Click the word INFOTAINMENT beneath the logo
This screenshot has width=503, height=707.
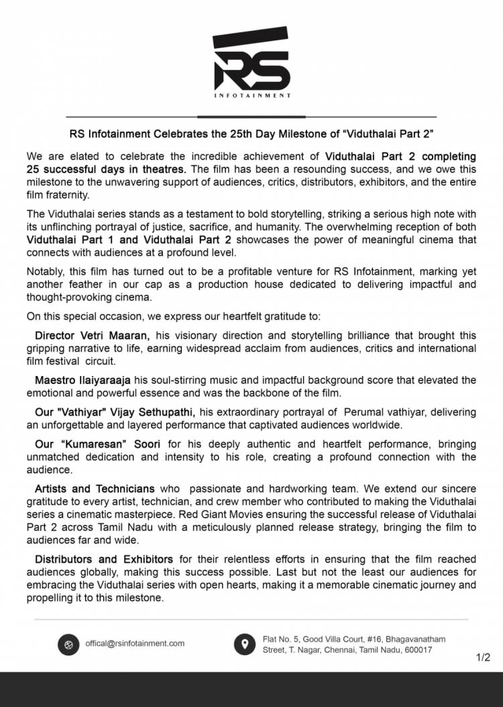252,95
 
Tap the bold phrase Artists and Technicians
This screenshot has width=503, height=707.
95,489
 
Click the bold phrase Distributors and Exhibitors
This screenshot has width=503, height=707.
104,559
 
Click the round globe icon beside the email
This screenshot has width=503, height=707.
68,644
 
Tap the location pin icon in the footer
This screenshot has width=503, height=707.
244,644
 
